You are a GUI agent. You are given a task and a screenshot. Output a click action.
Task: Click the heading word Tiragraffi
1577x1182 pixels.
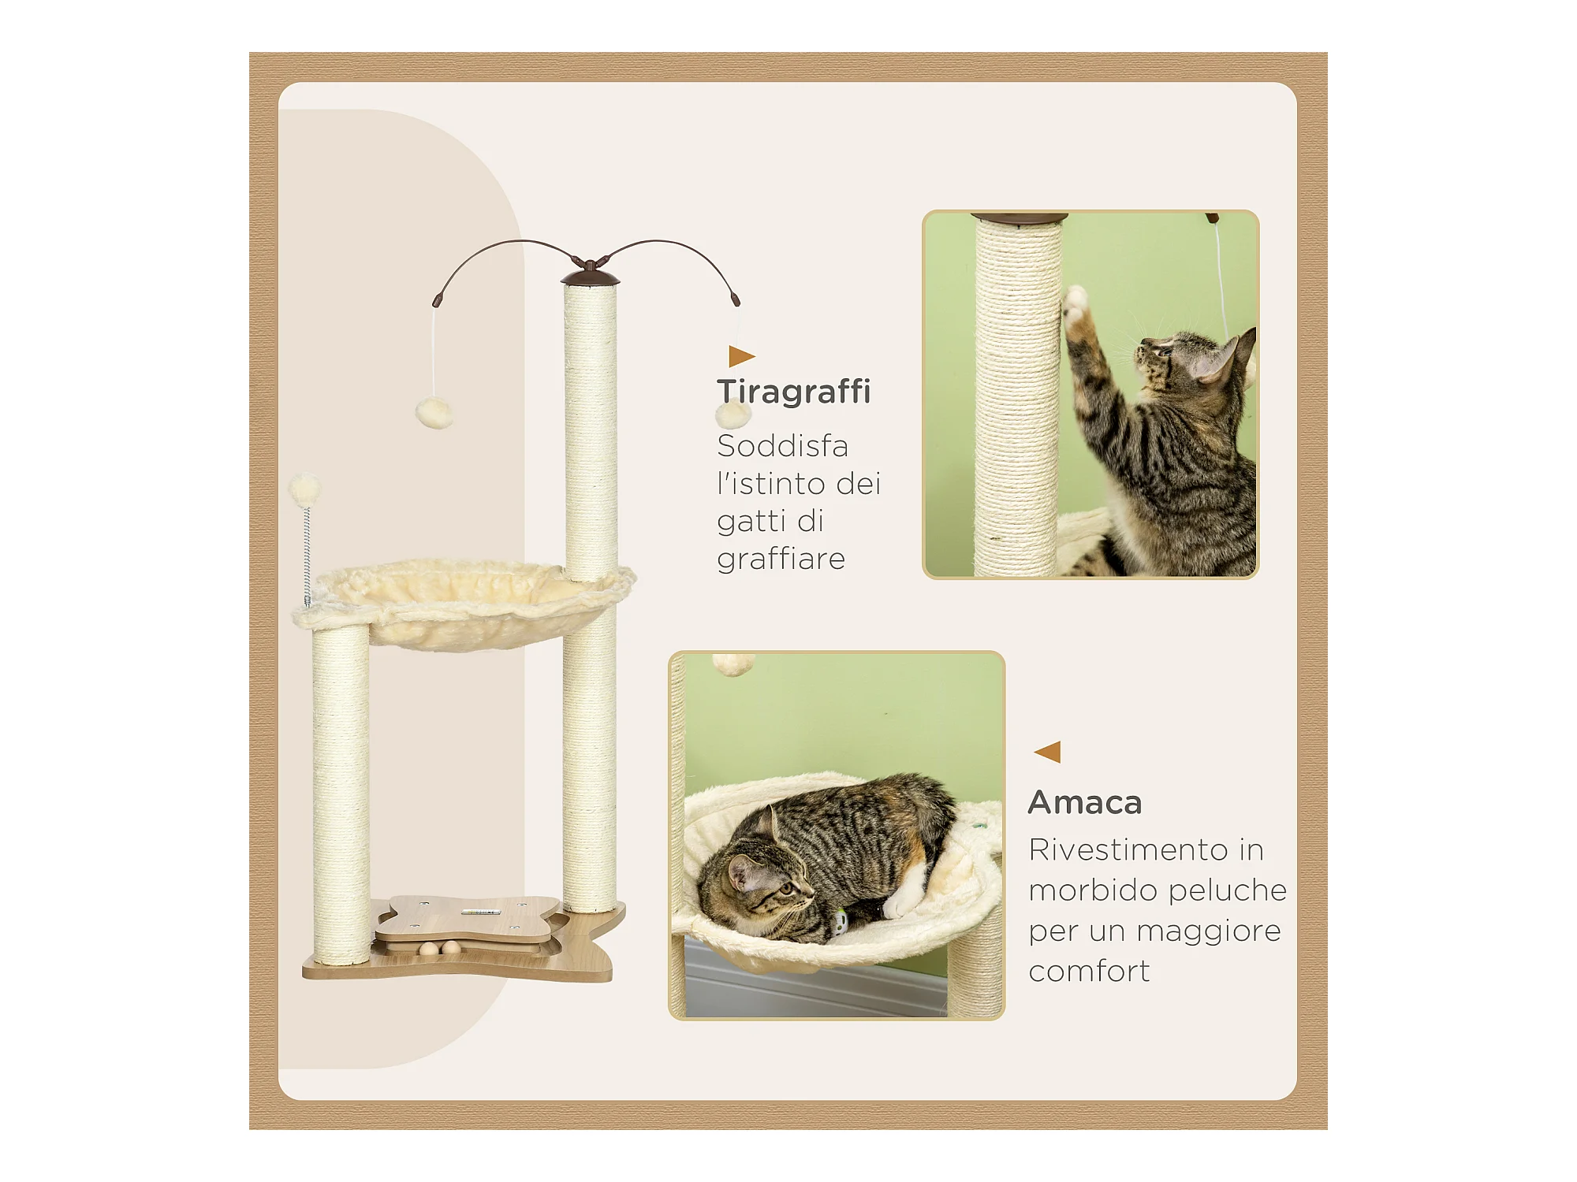[793, 391]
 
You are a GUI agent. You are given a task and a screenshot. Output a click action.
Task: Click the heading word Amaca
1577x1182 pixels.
[1085, 803]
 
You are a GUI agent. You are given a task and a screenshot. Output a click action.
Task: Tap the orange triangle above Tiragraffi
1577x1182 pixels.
[741, 356]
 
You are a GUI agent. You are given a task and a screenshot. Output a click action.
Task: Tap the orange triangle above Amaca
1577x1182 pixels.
[1047, 752]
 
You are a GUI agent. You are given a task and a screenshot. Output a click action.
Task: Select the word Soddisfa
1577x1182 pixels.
[782, 446]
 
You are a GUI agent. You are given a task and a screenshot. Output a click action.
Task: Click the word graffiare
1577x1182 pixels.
[781, 559]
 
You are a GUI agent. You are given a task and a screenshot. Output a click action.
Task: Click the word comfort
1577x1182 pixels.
[1089, 971]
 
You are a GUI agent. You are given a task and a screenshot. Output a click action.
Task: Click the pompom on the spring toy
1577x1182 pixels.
[304, 489]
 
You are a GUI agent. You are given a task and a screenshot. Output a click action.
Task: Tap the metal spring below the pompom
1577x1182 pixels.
[308, 556]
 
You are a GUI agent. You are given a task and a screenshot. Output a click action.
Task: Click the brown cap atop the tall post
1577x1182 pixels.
[590, 277]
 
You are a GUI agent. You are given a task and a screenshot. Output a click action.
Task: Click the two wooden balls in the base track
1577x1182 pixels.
[439, 948]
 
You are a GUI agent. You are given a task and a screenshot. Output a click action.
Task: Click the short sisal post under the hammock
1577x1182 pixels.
[341, 794]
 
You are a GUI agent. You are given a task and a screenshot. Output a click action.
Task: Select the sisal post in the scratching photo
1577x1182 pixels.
[1016, 397]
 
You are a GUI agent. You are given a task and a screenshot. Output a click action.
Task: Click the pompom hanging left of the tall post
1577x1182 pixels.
[434, 413]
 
